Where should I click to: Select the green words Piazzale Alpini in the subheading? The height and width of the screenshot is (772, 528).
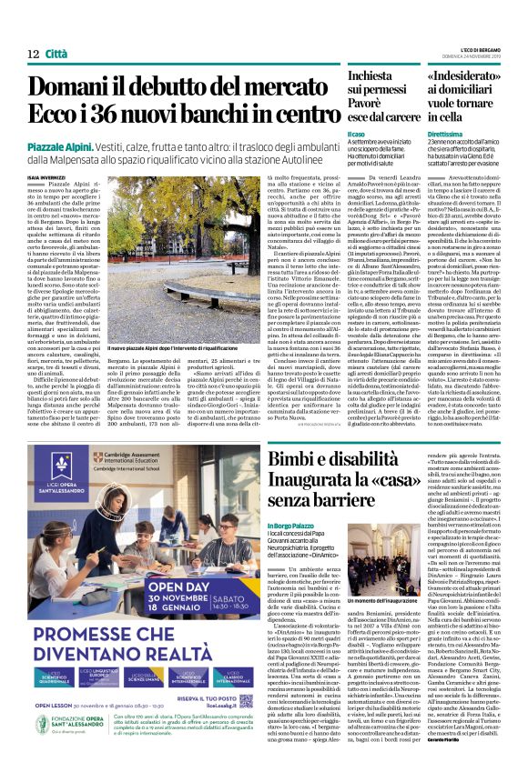[x=60, y=146]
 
